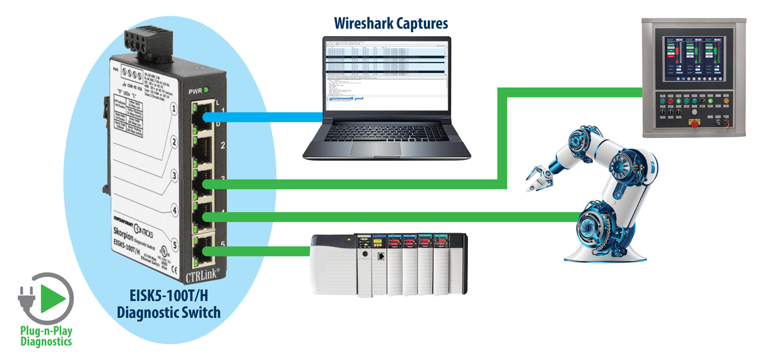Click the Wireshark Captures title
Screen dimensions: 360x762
coord(391,24)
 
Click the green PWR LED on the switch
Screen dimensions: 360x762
coord(207,91)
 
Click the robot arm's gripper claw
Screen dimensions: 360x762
coord(539,176)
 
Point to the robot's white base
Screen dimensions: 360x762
coord(604,252)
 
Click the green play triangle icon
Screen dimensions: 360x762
coord(51,296)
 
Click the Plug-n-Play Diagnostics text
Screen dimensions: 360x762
coord(46,336)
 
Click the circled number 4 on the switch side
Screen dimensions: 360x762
coord(174,209)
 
